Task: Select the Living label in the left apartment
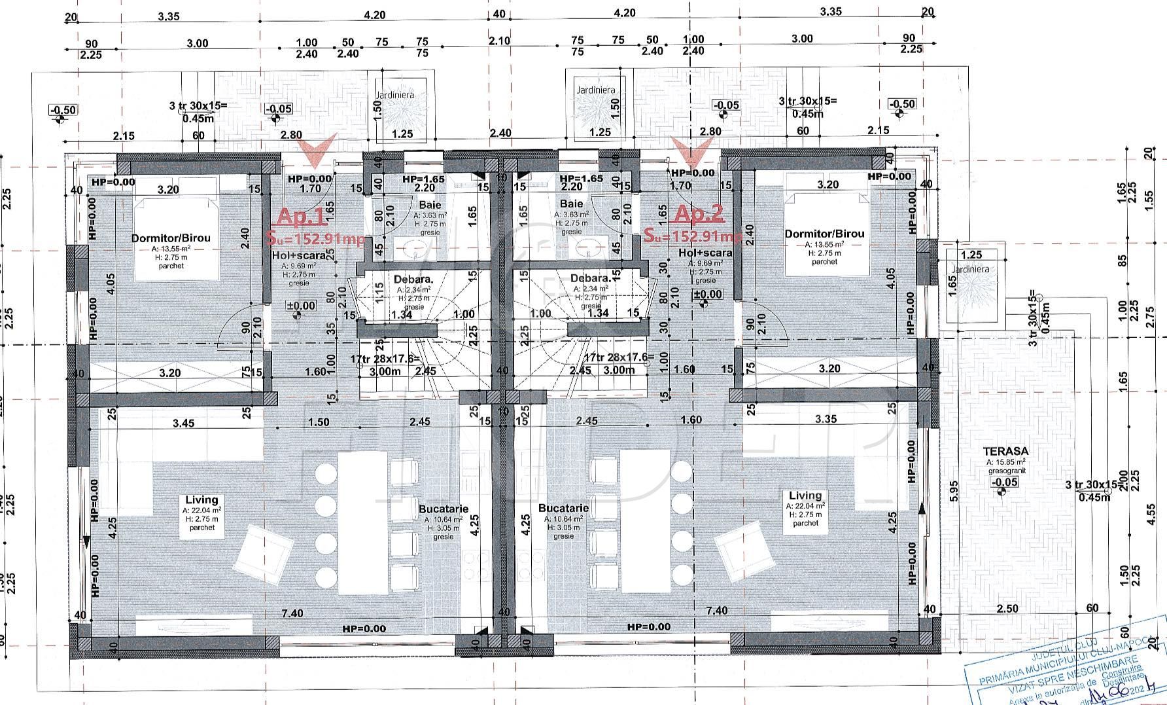coord(201,500)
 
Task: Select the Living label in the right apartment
coord(805,496)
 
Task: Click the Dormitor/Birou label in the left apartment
coord(171,238)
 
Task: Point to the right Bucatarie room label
coord(563,508)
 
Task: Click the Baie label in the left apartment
coord(430,206)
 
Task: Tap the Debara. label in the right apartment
coord(590,278)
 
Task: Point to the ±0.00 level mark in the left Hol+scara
coord(300,306)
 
